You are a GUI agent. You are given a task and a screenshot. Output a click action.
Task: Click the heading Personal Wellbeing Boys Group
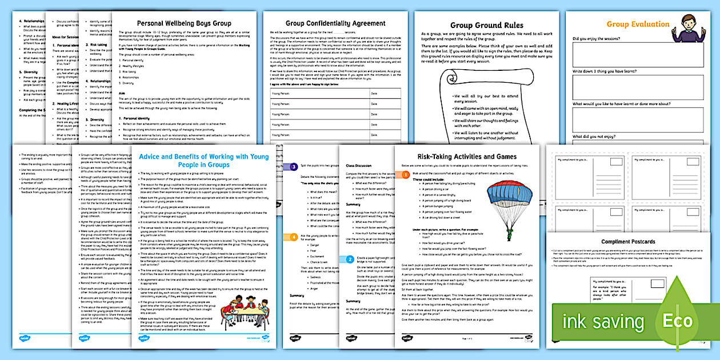184,23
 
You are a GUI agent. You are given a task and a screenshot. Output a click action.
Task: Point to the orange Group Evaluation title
630,24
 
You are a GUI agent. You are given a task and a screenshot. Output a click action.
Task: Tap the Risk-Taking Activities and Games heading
467,157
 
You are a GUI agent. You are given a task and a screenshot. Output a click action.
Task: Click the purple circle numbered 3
294,167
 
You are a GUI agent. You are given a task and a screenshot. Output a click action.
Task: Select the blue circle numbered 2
350,259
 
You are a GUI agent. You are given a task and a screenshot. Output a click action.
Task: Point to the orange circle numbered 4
294,237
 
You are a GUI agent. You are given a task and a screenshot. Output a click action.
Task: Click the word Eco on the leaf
678,321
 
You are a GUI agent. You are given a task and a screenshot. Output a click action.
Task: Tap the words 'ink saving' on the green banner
603,322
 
